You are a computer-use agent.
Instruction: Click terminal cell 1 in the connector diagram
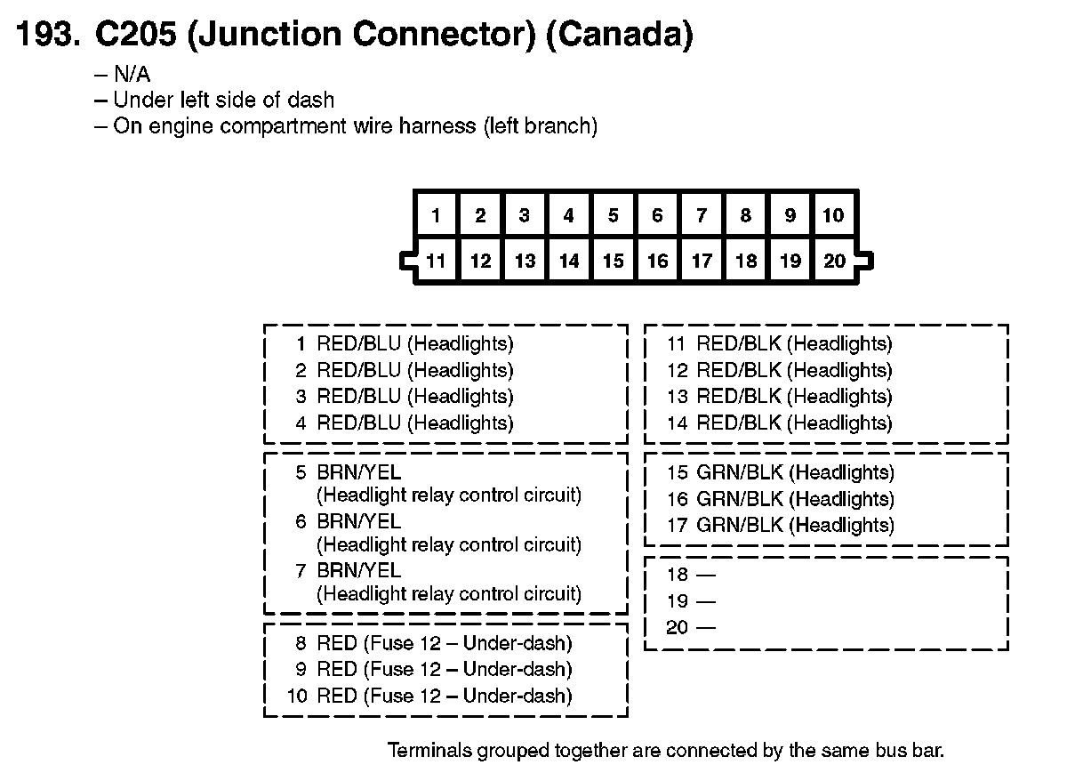coord(436,215)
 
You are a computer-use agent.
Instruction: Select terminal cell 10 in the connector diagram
coord(833,215)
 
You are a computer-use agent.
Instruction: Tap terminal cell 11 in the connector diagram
coord(436,262)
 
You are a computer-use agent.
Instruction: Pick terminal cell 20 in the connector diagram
coord(834,262)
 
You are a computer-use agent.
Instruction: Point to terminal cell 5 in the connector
coord(613,215)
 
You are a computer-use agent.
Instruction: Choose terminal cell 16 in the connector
coord(657,262)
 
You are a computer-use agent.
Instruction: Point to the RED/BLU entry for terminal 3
coord(414,397)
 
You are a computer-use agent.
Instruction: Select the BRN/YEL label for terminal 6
coord(358,521)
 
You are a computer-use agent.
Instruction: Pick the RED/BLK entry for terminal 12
coord(793,370)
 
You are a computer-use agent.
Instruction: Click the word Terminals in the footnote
coord(427,750)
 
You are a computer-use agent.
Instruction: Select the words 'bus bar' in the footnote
coord(911,750)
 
